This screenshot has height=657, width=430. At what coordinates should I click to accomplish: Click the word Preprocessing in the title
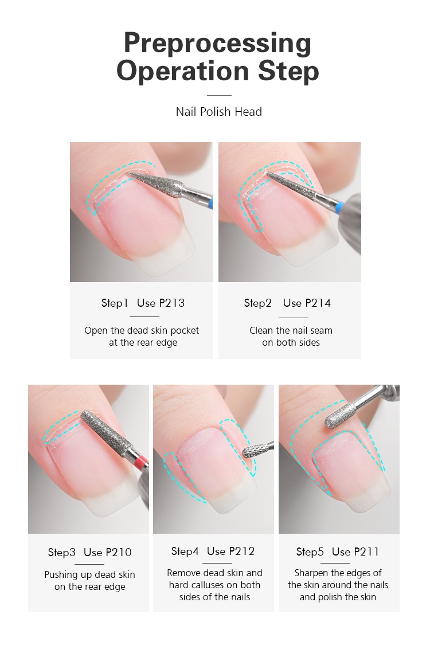(x=217, y=44)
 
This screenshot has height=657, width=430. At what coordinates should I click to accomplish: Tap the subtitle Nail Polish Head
(x=218, y=112)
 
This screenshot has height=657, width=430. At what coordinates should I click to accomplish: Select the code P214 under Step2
(x=319, y=303)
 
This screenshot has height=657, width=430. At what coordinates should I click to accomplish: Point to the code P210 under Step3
(x=119, y=552)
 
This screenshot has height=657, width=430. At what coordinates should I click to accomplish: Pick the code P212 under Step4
(x=242, y=551)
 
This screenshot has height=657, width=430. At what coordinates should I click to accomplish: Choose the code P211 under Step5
(x=366, y=552)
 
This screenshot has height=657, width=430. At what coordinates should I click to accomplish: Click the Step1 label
(x=115, y=303)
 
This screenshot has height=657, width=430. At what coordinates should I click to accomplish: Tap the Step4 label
(x=185, y=551)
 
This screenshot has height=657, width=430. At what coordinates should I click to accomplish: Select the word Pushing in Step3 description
(x=62, y=574)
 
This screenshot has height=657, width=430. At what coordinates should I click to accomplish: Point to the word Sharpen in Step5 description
(x=312, y=573)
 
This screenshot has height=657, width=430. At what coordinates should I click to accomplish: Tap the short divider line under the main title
(x=218, y=95)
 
